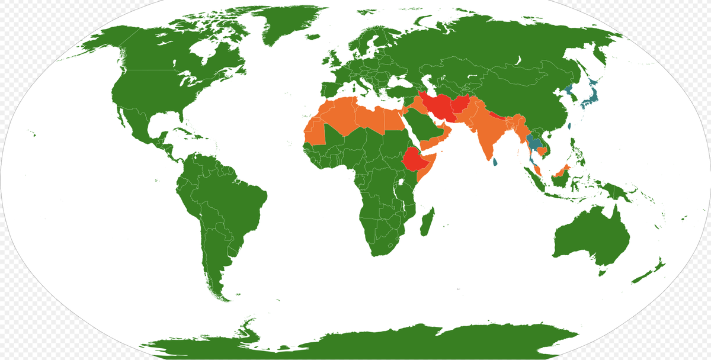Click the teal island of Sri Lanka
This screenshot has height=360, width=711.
pyautogui.click(x=494, y=160)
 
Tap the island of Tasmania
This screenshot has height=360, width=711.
pyautogui.click(x=603, y=271)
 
